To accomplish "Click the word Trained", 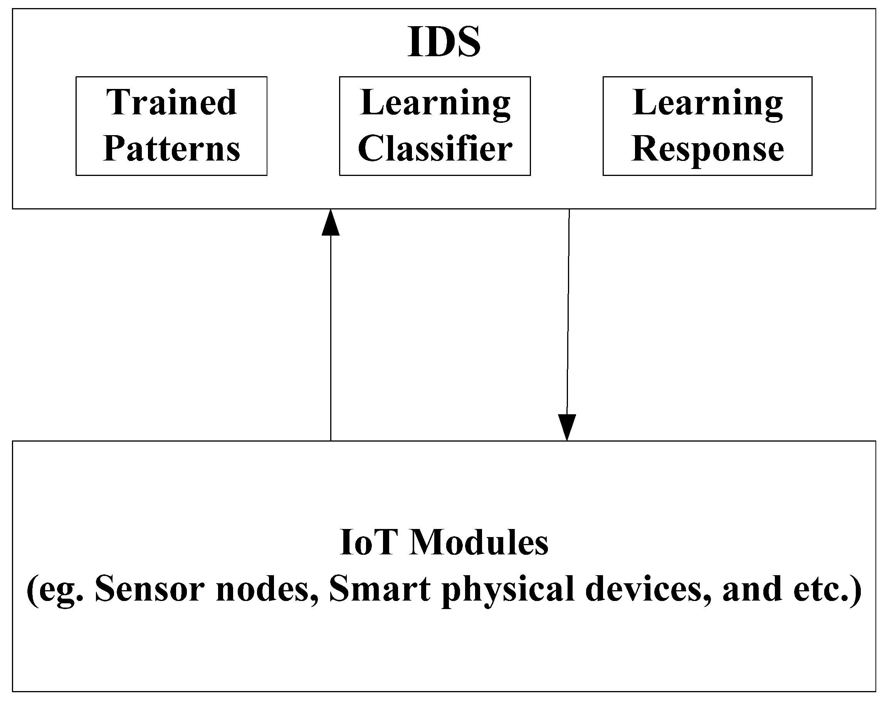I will click(x=171, y=102).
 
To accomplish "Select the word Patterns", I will click(x=171, y=149).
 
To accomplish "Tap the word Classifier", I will click(x=435, y=149).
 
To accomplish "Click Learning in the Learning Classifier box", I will click(x=435, y=103).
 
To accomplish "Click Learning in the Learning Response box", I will click(x=707, y=103).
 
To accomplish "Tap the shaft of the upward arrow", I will click(x=330, y=337).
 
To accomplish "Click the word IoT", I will click(x=369, y=543).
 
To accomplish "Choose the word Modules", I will click(x=479, y=543).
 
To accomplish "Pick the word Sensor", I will click(x=149, y=589).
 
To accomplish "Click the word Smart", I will click(x=379, y=589).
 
